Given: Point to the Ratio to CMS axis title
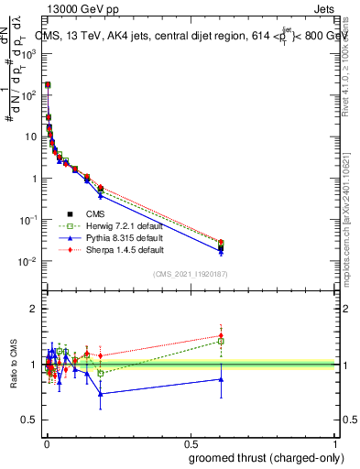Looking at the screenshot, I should click(x=13, y=365).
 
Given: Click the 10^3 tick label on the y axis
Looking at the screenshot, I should click(x=29, y=53).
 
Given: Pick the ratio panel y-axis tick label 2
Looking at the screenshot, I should click(x=34, y=310).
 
